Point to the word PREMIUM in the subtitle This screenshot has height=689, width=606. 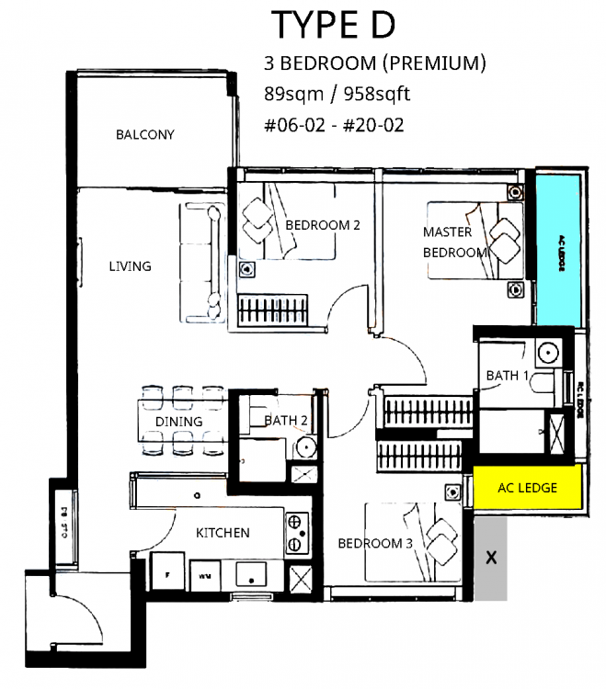[434, 63]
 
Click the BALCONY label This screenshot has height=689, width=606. [144, 135]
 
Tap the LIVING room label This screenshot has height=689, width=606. [130, 266]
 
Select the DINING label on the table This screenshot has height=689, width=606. [178, 422]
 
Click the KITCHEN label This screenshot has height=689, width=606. [223, 532]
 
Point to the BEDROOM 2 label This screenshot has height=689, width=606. [316, 225]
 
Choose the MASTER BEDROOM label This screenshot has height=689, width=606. [454, 243]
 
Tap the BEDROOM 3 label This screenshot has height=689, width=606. [375, 543]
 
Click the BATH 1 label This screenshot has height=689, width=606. [508, 376]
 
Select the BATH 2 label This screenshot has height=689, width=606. [285, 421]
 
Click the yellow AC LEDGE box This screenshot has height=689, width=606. [527, 488]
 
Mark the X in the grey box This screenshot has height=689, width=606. [490, 557]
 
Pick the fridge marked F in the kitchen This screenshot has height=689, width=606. [166, 575]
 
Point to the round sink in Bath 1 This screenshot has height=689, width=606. [550, 352]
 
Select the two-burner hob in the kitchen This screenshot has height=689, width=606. [298, 532]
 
